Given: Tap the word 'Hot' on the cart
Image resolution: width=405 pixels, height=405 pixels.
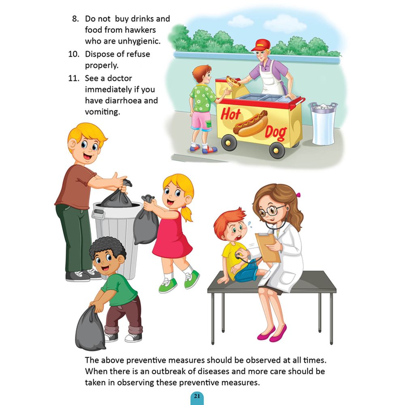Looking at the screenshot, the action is tap(230, 114).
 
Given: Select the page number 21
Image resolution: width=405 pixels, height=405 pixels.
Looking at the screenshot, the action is tap(197, 396).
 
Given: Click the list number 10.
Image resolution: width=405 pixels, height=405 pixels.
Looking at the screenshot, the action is tap(74, 54).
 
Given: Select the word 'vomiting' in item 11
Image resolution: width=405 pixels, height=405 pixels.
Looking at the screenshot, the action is tap(102, 112).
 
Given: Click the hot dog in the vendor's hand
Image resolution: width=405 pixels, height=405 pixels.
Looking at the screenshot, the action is tap(233, 81).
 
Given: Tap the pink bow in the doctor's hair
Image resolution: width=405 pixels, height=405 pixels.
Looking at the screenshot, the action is tap(298, 195).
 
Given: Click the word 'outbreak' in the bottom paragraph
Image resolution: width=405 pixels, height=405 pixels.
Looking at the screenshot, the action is tap(168, 371).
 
